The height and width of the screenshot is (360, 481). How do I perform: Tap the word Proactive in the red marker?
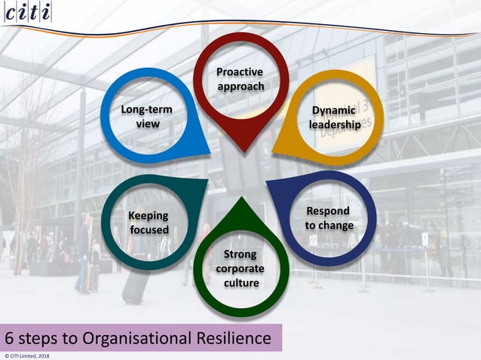(240, 72)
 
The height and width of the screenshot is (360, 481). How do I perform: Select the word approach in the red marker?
(240, 86)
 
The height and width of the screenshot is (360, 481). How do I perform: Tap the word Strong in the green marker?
(240, 254)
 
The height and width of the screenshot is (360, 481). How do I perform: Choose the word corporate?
(240, 268)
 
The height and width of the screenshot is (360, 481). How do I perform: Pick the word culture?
(240, 282)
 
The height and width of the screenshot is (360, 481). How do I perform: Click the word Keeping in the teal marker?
(148, 216)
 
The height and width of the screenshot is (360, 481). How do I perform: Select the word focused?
(148, 230)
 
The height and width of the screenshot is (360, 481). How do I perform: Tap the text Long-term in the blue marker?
(147, 110)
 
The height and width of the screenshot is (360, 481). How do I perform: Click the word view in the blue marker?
(147, 124)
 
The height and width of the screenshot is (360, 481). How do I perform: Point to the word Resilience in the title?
(228, 338)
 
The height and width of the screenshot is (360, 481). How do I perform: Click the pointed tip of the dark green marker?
(240, 200)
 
